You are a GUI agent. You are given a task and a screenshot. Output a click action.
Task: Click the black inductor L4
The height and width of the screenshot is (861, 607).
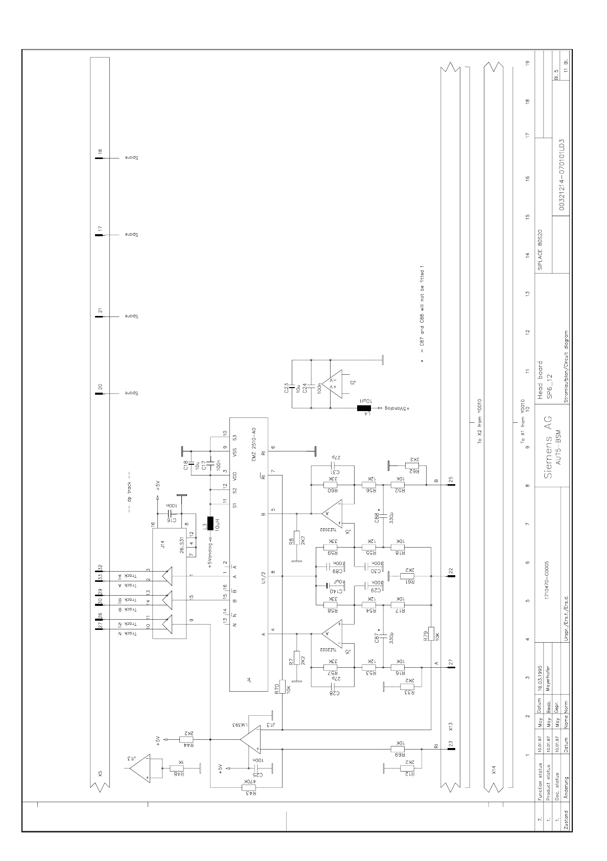(363, 409)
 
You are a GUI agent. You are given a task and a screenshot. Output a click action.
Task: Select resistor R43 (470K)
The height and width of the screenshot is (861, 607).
(251, 788)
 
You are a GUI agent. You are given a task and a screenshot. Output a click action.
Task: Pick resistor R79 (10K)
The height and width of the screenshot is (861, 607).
(431, 633)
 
